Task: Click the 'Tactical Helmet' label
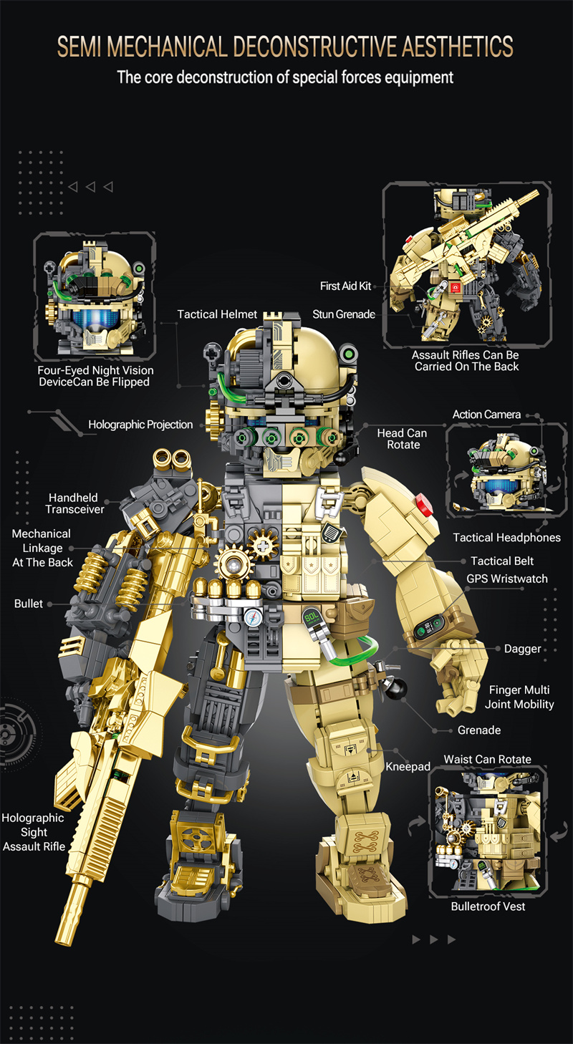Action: [x=217, y=314]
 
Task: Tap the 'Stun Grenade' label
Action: [x=344, y=314]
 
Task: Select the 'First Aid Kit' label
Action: [x=346, y=286]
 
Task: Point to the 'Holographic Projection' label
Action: [x=140, y=425]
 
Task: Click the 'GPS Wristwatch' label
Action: [x=507, y=579]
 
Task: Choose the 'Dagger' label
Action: [x=522, y=649]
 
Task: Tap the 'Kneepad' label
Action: [x=408, y=766]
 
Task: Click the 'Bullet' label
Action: [x=29, y=604]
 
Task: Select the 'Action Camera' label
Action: [x=486, y=415]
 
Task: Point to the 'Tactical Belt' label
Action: [x=502, y=561]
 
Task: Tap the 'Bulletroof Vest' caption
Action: [x=488, y=907]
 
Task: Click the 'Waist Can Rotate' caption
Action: [x=487, y=759]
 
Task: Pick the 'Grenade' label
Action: [x=479, y=730]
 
